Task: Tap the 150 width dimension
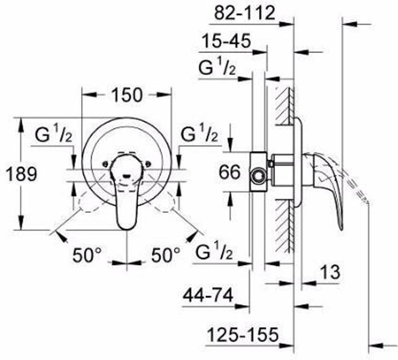coord(126,95)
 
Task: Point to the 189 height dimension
coord(21,174)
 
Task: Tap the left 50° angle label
coord(87,255)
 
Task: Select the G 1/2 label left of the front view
coord(53,135)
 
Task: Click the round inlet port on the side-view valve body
coord(258,177)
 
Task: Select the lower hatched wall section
coord(284,225)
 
